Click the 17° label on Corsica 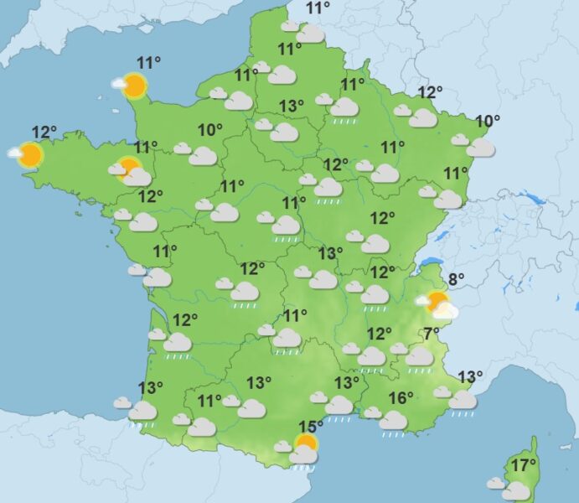coord(525,465)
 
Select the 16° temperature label coord(401,398)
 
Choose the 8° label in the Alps coord(457,280)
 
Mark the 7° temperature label coord(432,334)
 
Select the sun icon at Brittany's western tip coord(29,154)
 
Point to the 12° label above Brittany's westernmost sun coord(44,132)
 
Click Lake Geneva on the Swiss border coord(432,263)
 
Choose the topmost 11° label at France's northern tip coord(318,9)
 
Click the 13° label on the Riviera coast coord(470,376)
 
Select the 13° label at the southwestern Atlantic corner coord(151,388)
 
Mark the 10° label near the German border coord(488,122)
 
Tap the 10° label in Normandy coord(210,130)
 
